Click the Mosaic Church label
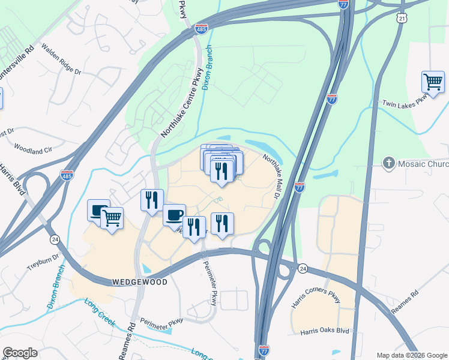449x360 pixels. pyautogui.click(x=423, y=164)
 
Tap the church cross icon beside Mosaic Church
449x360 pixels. pyautogui.click(x=388, y=163)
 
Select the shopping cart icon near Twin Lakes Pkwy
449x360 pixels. pyautogui.click(x=433, y=82)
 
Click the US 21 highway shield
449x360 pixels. pyautogui.click(x=402, y=19)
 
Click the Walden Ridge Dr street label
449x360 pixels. pyautogui.click(x=61, y=59)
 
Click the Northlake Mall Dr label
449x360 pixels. pyautogui.click(x=273, y=175)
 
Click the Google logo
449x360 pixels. pyautogui.click(x=20, y=353)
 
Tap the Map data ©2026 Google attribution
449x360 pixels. pyautogui.click(x=411, y=355)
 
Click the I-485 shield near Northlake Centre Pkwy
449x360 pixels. pyautogui.click(x=202, y=28)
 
